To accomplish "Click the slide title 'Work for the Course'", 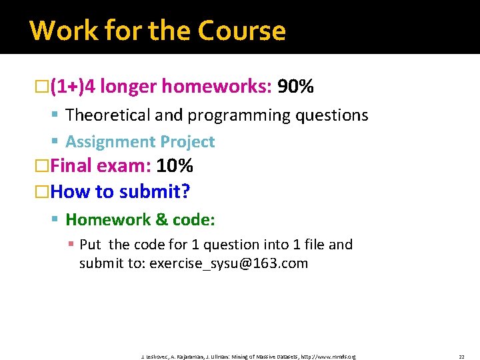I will coord(157,31).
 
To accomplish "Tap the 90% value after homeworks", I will coord(295,87).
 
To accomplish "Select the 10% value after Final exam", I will coord(175,165).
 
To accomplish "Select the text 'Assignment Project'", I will coord(140,142).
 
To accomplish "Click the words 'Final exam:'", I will coord(101,165).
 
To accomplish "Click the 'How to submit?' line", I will coord(120,192).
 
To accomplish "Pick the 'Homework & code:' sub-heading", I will coord(140,219).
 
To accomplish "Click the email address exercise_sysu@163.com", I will coord(229,263).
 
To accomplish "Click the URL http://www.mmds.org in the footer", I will coord(328,357).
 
